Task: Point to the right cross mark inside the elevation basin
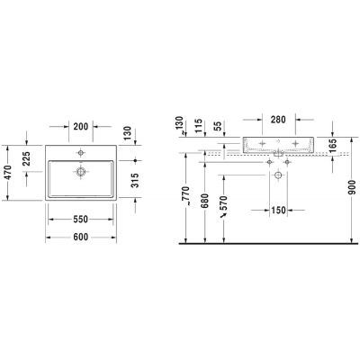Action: pos(294,143)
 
